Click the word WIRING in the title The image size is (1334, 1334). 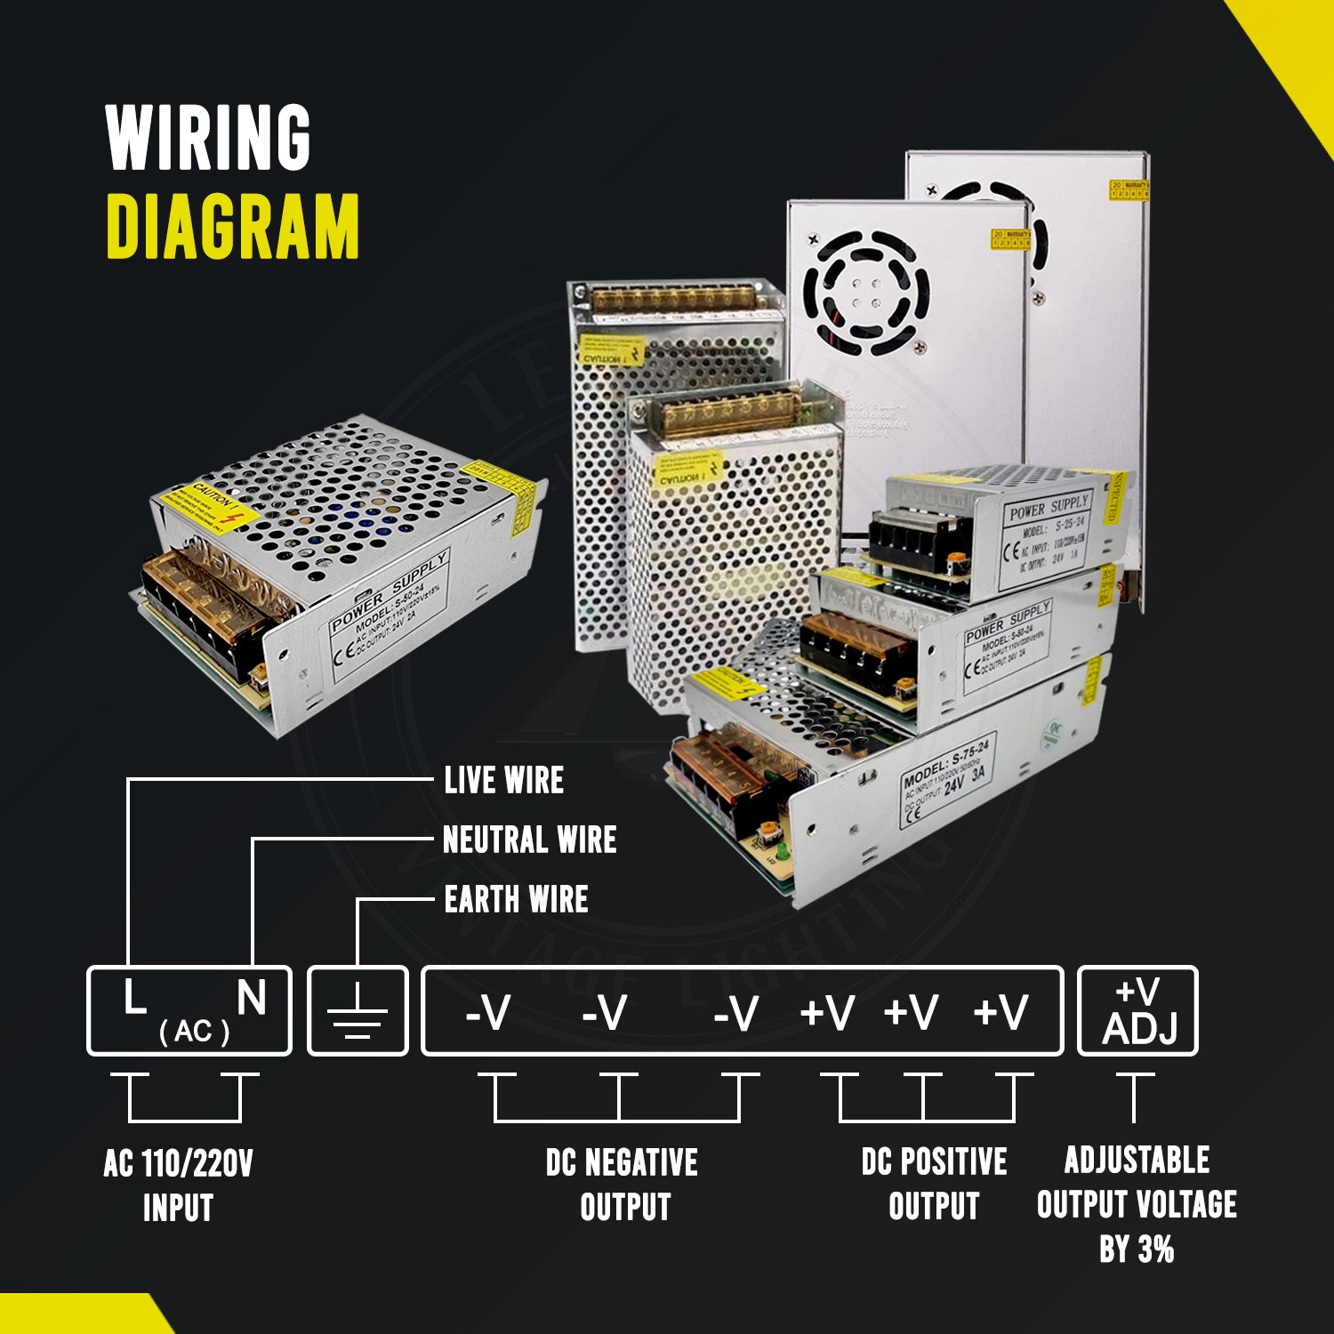click(x=208, y=137)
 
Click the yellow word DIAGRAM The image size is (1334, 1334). click(x=232, y=226)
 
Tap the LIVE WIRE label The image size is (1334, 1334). click(x=503, y=780)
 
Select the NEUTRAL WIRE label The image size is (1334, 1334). click(x=529, y=840)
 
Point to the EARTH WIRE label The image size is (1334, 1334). click(x=516, y=899)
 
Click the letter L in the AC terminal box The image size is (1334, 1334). click(x=133, y=998)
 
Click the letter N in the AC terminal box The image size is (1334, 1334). click(x=252, y=998)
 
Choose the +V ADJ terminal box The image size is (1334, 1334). click(x=1137, y=1011)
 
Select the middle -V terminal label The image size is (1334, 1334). click(x=605, y=1012)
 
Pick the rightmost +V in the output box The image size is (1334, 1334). click(x=1000, y=1012)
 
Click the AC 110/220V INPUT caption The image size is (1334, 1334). click(x=178, y=1185)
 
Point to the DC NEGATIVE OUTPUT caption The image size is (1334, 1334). click(x=623, y=1185)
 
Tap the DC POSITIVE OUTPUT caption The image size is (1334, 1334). click(x=934, y=1184)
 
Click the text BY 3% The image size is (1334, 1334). click(x=1137, y=1250)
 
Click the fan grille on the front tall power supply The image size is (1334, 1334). click(x=866, y=293)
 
